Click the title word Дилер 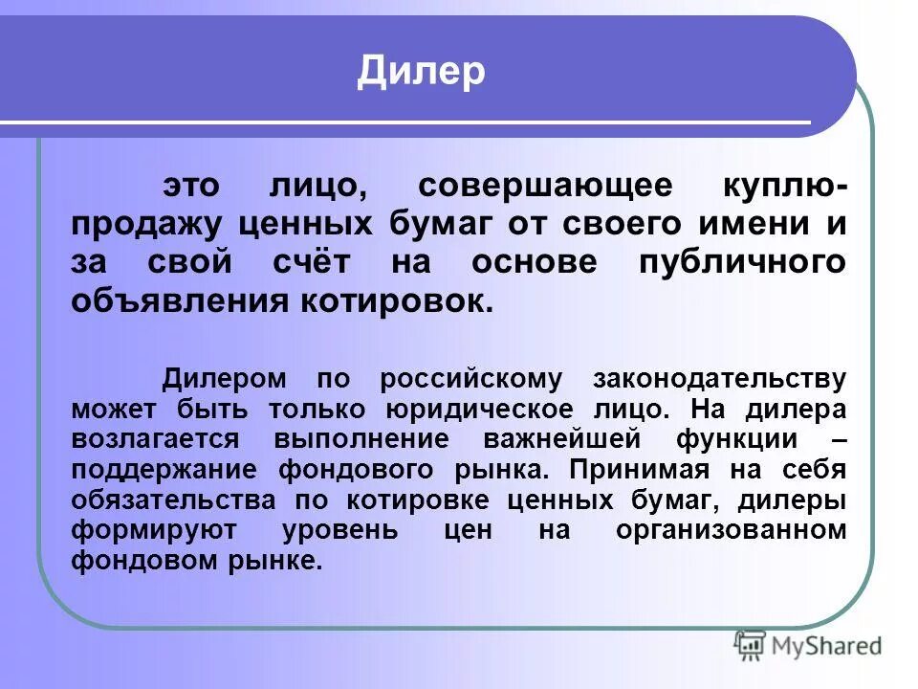pyautogui.click(x=421, y=72)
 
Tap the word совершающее pyautogui.click(x=517, y=185)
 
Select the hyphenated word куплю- pyautogui.click(x=782, y=185)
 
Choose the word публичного pyautogui.click(x=741, y=262)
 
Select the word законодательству pyautogui.click(x=719, y=378)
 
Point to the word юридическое pyautogui.click(x=479, y=409)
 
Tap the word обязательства pyautogui.click(x=171, y=500)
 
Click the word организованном pyautogui.click(x=732, y=530)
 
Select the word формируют pyautogui.click(x=143, y=530)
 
